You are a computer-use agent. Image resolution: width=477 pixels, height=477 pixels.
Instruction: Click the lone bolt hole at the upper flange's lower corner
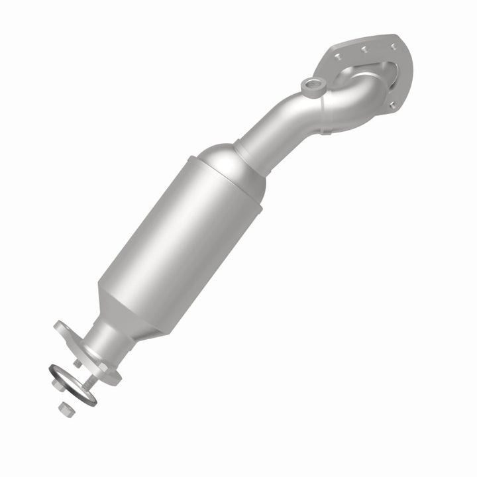394,103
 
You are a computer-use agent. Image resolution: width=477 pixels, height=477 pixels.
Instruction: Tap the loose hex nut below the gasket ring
64,409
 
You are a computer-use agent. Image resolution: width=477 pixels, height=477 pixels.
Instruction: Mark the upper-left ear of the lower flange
62,327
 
